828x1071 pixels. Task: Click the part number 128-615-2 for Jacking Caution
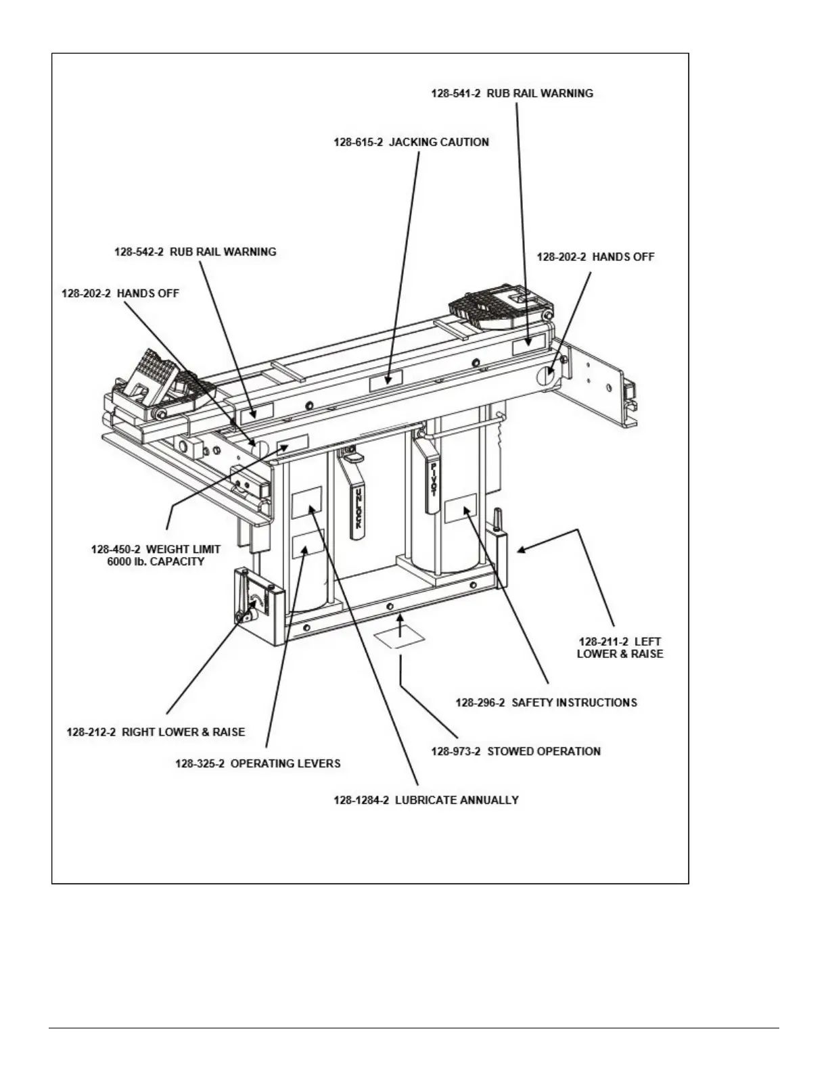click(359, 143)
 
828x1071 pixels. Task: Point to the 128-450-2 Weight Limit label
click(156, 549)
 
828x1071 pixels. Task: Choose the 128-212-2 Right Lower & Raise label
click(156, 732)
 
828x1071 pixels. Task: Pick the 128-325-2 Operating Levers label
click(258, 763)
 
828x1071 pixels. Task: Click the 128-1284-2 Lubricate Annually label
click(426, 800)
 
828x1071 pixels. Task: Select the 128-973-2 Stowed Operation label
click(515, 751)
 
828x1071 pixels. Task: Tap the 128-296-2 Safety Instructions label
click(546, 703)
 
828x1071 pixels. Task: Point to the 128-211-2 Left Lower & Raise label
click(620, 648)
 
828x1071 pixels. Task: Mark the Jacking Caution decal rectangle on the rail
click(386, 380)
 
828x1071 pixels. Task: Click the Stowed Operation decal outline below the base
click(399, 638)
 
